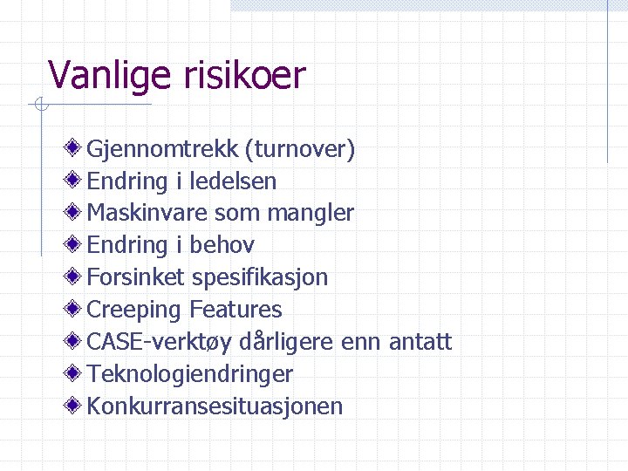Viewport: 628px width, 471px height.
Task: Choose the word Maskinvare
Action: pyautogui.click(x=147, y=213)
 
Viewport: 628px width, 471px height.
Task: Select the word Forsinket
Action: pyautogui.click(x=136, y=277)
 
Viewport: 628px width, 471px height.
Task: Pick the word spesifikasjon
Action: pyautogui.click(x=260, y=277)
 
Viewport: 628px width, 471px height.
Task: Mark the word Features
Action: pyautogui.click(x=235, y=310)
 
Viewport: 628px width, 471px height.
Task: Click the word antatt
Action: pyautogui.click(x=420, y=342)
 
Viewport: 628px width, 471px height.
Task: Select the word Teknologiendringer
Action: pyautogui.click(x=190, y=374)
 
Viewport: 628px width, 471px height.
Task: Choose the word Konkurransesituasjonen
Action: pyautogui.click(x=215, y=406)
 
